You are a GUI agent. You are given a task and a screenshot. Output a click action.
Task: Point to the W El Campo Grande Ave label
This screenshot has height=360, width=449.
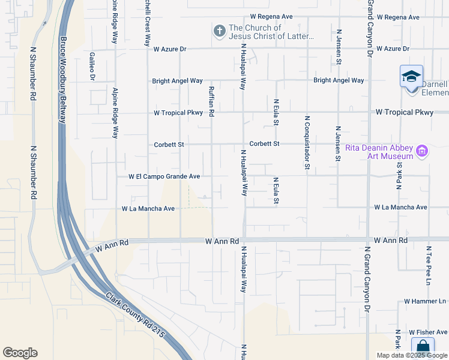[164, 177]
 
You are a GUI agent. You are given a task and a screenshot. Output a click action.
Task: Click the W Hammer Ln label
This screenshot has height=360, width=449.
[425, 301]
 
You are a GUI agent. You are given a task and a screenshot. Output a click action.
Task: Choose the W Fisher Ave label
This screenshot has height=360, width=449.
[428, 332]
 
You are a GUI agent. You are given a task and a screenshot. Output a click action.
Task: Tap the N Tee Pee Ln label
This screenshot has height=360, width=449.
[429, 265]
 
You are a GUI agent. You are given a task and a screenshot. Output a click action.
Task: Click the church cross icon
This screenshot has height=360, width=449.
[219, 30]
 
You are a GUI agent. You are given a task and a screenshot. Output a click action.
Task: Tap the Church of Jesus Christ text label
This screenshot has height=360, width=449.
[271, 32]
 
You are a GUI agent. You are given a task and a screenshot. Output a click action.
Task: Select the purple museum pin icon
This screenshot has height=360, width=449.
[422, 152]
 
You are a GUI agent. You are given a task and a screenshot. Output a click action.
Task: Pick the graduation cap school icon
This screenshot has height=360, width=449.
[411, 77]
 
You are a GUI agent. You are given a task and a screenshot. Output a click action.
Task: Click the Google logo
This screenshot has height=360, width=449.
[20, 353]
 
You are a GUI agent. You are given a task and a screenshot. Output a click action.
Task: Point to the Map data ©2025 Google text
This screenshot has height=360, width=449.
[412, 355]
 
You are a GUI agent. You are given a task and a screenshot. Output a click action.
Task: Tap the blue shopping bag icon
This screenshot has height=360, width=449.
[423, 347]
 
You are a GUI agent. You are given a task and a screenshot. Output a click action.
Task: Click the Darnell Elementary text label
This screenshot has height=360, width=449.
[435, 89]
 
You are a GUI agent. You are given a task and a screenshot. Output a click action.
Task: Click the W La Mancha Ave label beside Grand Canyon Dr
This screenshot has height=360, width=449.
[400, 207]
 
